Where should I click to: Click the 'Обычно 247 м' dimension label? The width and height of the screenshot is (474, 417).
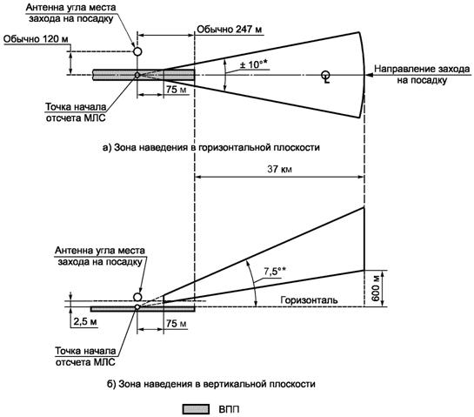(230, 30)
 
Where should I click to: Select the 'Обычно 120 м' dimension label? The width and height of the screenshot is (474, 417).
(36, 39)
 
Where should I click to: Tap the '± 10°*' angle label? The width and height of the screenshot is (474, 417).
(254, 64)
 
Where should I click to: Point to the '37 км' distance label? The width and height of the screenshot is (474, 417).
(279, 169)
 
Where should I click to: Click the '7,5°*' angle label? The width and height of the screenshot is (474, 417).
(275, 272)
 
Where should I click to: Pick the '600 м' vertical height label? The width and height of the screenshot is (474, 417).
(376, 289)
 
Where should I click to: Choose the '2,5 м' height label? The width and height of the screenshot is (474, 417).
(85, 321)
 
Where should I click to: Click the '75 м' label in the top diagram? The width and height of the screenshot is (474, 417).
(177, 90)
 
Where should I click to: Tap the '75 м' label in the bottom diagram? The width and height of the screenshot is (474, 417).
(177, 323)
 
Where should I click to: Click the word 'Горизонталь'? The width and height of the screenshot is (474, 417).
(309, 299)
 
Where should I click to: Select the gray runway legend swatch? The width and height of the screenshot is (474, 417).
(196, 409)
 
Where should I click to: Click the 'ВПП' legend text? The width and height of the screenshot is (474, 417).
(229, 409)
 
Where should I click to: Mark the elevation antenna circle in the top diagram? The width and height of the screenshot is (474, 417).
(137, 51)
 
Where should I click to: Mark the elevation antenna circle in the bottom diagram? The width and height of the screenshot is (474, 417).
(137, 297)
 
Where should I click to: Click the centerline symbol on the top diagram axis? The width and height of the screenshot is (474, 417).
(326, 77)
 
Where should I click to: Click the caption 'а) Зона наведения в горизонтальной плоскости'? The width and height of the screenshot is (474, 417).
(211, 147)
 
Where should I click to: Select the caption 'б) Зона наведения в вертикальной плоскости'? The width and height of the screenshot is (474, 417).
(211, 384)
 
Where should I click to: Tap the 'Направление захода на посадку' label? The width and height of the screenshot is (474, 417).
(422, 75)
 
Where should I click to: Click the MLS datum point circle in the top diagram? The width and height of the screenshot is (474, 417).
(137, 75)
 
